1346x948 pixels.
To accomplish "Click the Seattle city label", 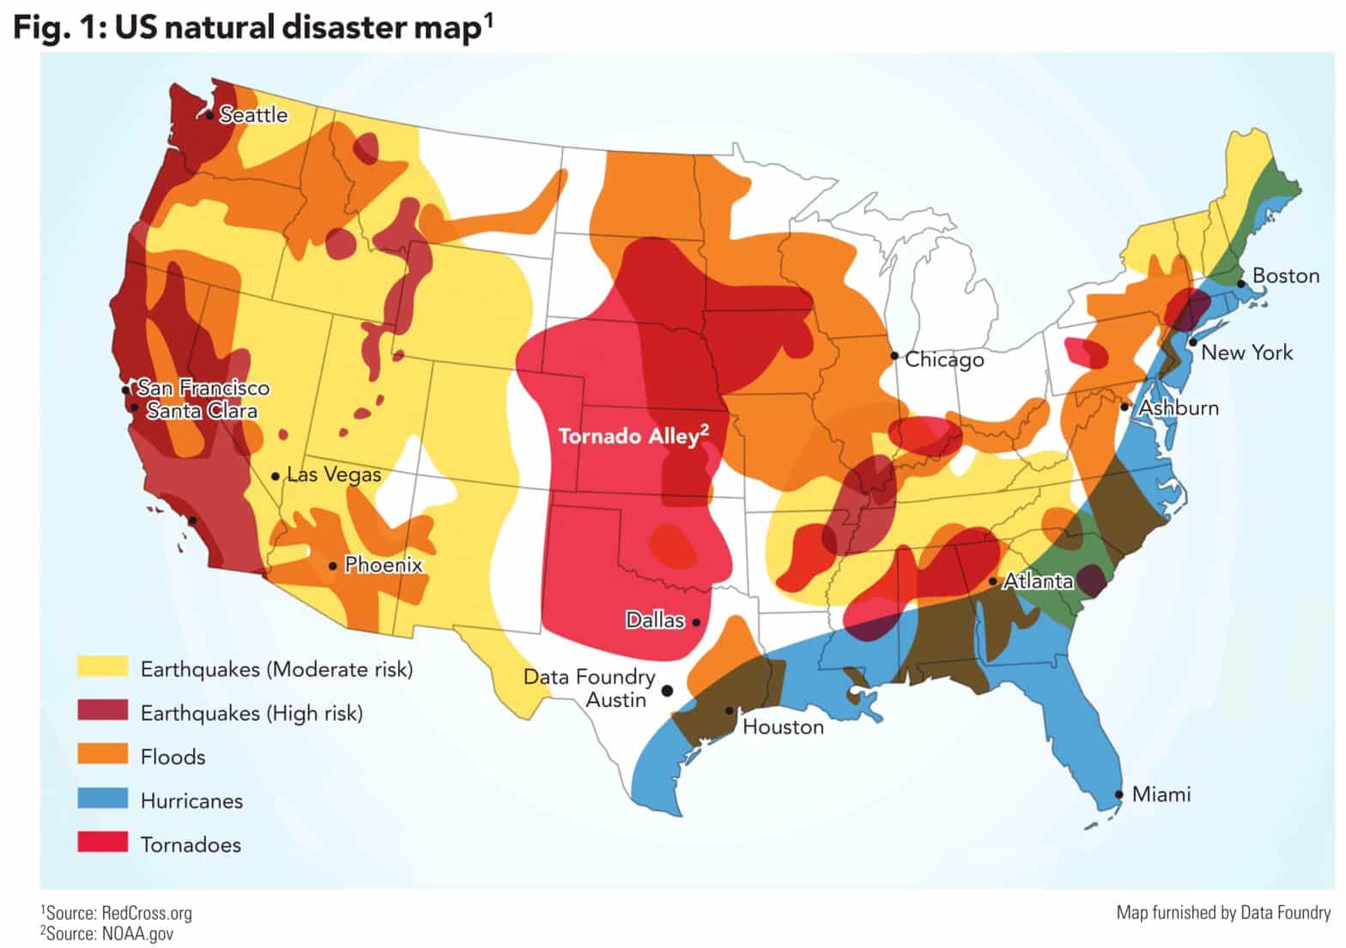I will pos(253,115).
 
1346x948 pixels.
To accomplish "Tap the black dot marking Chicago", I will pos(894,355).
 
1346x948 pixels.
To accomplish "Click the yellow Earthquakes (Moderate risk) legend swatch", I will pos(102,668).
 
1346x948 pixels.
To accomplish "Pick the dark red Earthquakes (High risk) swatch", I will pos(102,712).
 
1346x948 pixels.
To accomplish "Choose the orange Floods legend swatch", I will pos(102,756).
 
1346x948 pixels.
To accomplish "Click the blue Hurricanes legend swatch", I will pos(102,800).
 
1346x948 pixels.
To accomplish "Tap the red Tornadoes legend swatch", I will pos(102,843).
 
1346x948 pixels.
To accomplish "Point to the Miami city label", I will pos(1161,794).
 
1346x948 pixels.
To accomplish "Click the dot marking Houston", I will pos(729,710).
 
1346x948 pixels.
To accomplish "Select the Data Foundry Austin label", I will pos(589,688).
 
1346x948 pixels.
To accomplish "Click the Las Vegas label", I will pos(334,474).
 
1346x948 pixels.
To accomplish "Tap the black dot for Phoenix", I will pos(333,565).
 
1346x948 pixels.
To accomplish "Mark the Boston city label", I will pos(1285,276).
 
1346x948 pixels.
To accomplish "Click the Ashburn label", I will pos(1178,408).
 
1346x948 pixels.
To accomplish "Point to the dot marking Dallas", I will pos(696,622).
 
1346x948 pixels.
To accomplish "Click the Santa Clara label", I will pos(202,411).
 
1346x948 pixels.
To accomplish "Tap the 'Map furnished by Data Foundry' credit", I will pos(1222,913).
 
